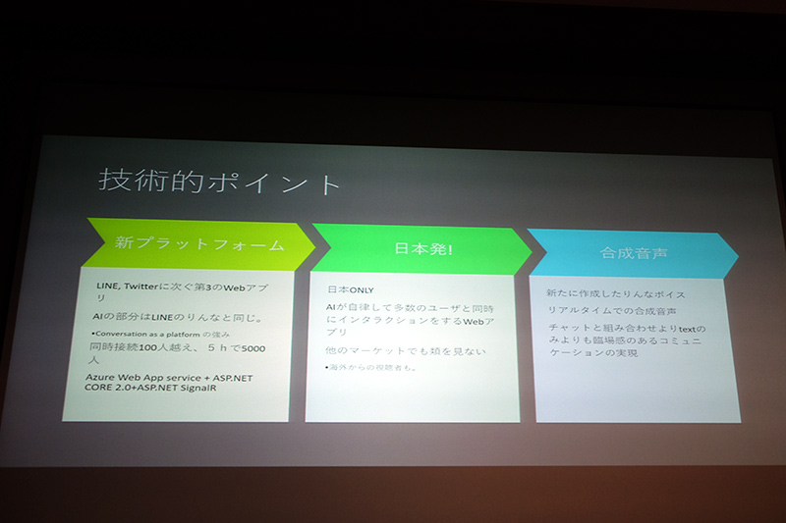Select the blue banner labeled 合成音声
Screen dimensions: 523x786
[634, 252]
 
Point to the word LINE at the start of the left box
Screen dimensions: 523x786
[96, 286]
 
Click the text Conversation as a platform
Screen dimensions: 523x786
[146, 334]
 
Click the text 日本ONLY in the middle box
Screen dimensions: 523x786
[350, 290]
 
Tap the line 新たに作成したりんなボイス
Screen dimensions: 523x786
[615, 293]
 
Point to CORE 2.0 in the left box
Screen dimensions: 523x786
[113, 391]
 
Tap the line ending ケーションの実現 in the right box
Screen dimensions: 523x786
[590, 352]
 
